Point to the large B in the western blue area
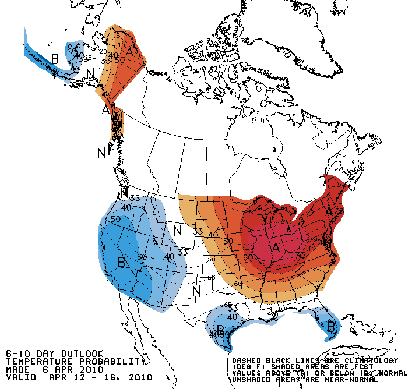coord(121,262)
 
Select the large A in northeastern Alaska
coord(131,54)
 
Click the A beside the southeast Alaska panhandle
coord(107,109)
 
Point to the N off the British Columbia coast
coord(101,153)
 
